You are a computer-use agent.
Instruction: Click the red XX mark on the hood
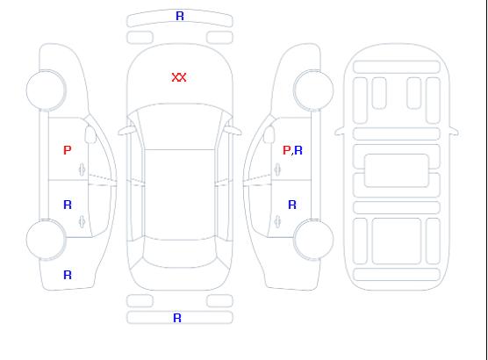pyautogui.click(x=179, y=77)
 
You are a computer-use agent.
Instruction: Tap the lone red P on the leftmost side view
pyautogui.click(x=68, y=150)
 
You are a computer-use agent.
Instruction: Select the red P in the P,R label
pyautogui.click(x=286, y=150)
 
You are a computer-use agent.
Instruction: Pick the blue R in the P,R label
pyautogui.click(x=298, y=150)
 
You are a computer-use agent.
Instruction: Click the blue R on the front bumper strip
pyautogui.click(x=180, y=16)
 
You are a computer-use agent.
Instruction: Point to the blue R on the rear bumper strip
pyautogui.click(x=177, y=318)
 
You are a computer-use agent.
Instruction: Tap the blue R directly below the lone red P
pyautogui.click(x=68, y=205)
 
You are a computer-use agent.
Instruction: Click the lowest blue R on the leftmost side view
pyautogui.click(x=68, y=275)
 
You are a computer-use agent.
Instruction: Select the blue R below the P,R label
pyautogui.click(x=292, y=205)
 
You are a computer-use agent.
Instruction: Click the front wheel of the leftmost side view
pyautogui.click(x=46, y=90)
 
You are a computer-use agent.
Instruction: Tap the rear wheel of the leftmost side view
pyautogui.click(x=46, y=240)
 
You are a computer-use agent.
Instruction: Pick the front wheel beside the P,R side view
pyautogui.click(x=313, y=90)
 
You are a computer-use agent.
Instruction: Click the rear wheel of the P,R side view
pyautogui.click(x=313, y=240)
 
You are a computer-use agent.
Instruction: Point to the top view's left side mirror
pyautogui.click(x=126, y=131)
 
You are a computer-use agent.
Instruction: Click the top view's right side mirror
pyautogui.click(x=233, y=131)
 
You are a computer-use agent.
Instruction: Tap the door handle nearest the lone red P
pyautogui.click(x=83, y=169)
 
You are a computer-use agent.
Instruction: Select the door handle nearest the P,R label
pyautogui.click(x=277, y=169)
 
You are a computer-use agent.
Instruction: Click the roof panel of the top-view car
pyautogui.click(x=180, y=195)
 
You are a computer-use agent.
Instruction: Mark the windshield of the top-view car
pyautogui.click(x=180, y=126)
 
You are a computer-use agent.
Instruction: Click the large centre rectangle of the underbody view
pyautogui.click(x=397, y=170)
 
